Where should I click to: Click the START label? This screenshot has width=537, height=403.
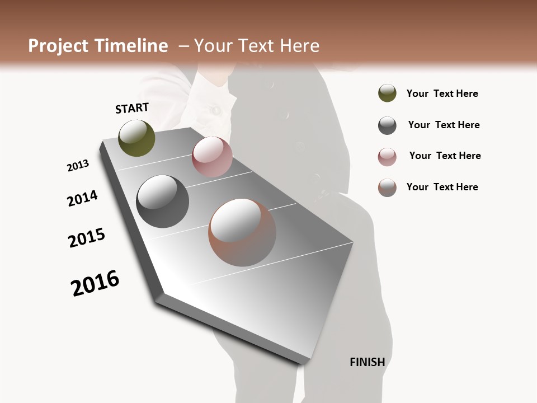coord(132,108)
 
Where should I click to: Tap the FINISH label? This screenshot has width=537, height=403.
coord(367,362)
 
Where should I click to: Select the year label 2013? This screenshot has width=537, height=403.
coord(78,166)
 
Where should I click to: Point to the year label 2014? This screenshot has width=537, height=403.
coord(82,199)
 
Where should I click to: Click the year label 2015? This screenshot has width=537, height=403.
coord(87,238)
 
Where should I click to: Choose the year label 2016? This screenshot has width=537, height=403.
coord(95,283)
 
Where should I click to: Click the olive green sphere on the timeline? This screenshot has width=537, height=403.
coord(136,138)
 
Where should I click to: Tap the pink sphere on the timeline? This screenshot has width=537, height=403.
coord(212,157)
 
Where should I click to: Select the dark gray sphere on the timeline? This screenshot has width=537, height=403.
coord(162,201)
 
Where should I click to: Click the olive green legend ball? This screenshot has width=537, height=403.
coord(387,93)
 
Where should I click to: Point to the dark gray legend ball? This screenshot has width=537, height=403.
coord(387,125)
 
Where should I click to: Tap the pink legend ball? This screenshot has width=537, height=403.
coord(387,157)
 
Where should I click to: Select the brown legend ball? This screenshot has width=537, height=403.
coord(387,188)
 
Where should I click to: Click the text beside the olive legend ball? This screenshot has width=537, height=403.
coord(442,93)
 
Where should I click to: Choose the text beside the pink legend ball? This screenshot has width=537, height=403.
coord(445,156)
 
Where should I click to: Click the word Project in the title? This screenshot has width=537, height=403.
coord(58,46)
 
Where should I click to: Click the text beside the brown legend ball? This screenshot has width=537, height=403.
coord(442,187)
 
